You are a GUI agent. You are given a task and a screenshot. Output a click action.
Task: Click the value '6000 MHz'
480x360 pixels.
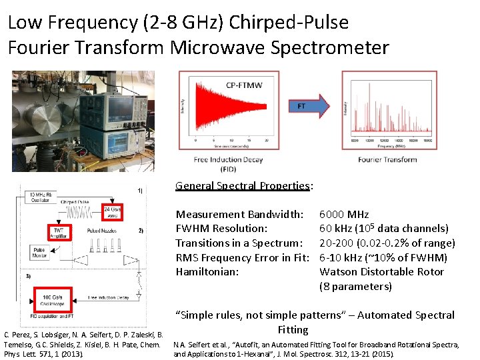344,214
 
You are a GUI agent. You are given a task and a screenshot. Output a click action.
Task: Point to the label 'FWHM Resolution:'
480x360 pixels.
221,229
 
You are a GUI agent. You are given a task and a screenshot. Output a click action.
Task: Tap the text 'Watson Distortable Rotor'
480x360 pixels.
382,272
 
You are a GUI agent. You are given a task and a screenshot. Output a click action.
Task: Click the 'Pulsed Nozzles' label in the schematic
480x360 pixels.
100,230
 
